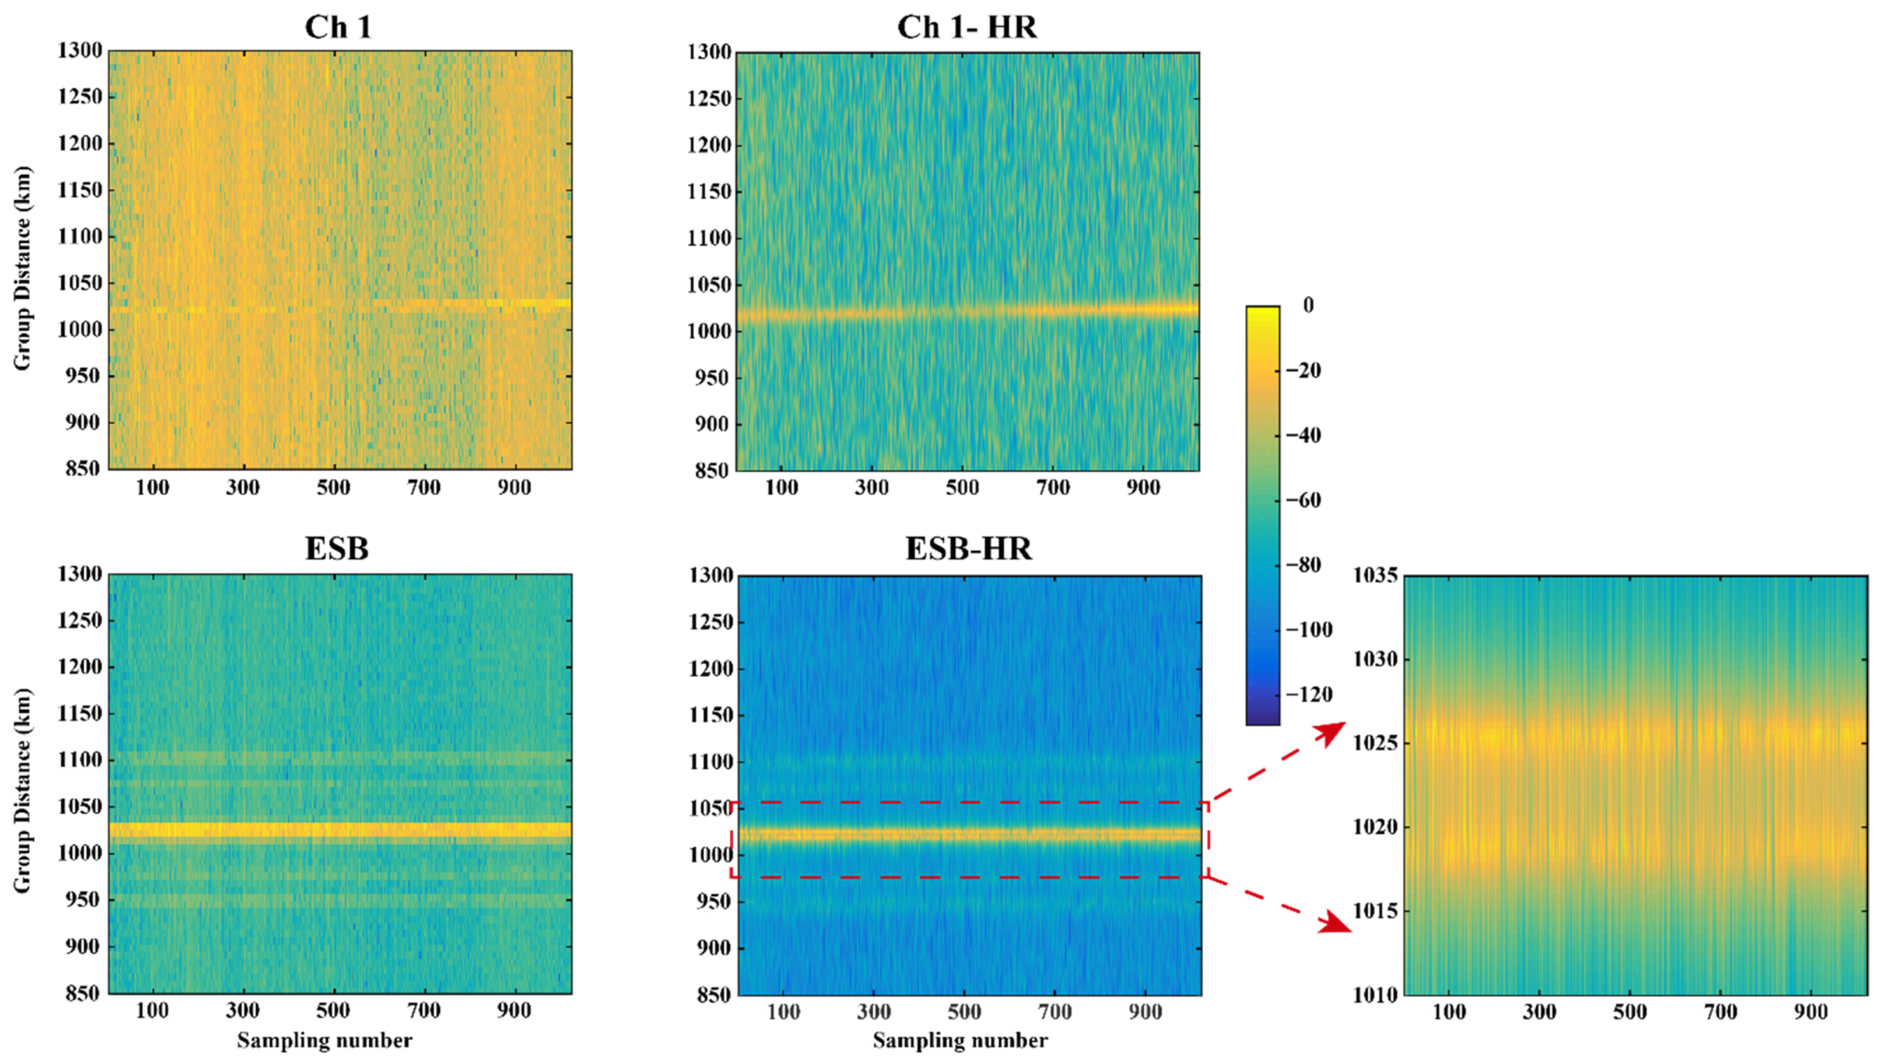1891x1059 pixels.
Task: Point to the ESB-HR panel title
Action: tap(968, 548)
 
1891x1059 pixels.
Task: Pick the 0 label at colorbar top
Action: tap(1308, 305)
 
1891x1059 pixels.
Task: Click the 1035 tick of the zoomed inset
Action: tap(1375, 575)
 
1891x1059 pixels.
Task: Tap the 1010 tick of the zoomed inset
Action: tap(1375, 995)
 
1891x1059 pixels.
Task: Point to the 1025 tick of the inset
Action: tap(1375, 743)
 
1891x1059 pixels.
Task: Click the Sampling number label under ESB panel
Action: tap(325, 1041)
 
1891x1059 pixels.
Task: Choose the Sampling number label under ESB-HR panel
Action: tap(960, 1041)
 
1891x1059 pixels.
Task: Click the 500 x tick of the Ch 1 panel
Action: tap(333, 488)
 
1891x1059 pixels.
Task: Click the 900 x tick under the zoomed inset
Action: tap(1810, 1013)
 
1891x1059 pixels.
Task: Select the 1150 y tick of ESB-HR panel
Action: tap(711, 715)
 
